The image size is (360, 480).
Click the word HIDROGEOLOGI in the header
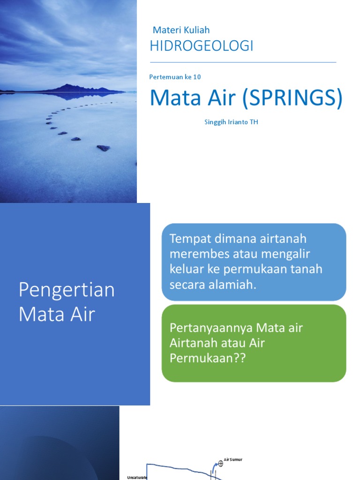[201, 46]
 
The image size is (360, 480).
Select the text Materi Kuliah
[181, 30]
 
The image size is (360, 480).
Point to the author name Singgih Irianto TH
[231, 122]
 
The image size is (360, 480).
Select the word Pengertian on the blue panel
[67, 290]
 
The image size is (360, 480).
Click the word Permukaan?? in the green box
[207, 358]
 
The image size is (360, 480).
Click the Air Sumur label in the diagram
[234, 460]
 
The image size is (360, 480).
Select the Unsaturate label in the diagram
[137, 477]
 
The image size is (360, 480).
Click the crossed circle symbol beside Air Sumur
[221, 464]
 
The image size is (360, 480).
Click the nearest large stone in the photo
[103, 148]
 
